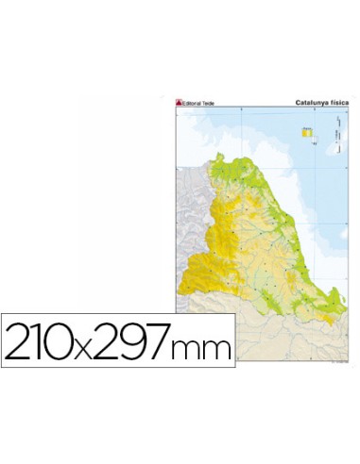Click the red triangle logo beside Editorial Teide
(x=178, y=103)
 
